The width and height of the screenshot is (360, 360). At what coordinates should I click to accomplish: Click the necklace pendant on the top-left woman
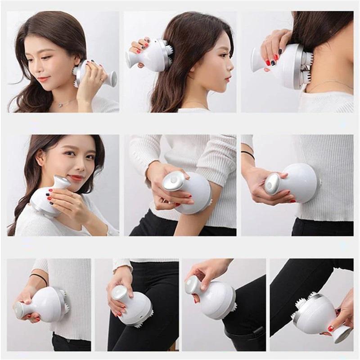(x=60, y=105)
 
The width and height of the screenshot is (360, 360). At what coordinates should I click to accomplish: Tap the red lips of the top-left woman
(x=44, y=79)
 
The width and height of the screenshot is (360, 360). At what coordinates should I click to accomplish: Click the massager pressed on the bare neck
(x=288, y=65)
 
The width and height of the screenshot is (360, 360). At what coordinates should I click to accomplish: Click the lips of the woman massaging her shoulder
(x=76, y=178)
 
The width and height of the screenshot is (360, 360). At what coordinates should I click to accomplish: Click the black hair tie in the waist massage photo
(x=247, y=154)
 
